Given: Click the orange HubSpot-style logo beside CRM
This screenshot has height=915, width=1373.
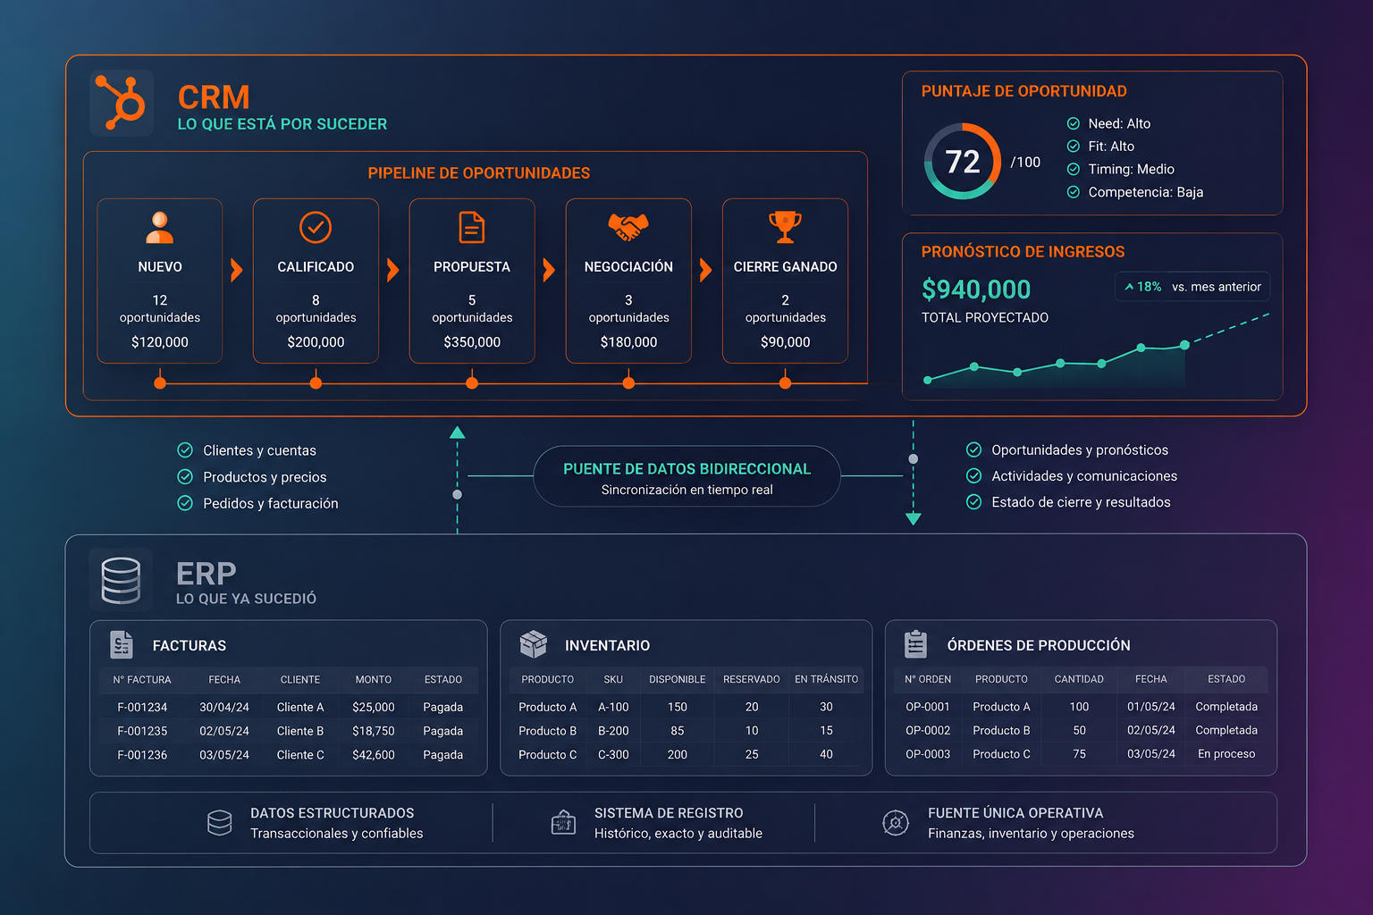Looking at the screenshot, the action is [121, 103].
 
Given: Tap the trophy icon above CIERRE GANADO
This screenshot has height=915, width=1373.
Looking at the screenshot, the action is [785, 227].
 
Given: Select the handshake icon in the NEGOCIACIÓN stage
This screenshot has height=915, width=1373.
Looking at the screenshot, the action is [628, 227].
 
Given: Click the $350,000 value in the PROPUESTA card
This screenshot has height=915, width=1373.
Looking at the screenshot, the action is [472, 342].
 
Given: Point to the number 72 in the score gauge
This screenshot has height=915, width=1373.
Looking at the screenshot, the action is [963, 162].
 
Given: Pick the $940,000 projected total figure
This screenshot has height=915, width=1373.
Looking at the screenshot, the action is [976, 290].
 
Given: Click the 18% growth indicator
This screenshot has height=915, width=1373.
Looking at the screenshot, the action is [1143, 287].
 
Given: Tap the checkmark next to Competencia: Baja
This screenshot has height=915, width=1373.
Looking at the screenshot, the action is [1074, 192].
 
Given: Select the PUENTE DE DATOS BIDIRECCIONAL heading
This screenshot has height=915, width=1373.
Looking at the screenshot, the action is [686, 469].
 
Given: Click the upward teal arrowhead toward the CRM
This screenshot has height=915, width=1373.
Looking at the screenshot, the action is [458, 432].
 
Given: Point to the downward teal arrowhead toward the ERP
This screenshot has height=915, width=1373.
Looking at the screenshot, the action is [914, 519].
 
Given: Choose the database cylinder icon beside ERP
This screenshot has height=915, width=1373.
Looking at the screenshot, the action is [121, 580].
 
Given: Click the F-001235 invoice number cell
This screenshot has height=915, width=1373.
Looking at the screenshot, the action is [142, 731].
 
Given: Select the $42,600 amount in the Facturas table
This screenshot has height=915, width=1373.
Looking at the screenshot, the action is [374, 754].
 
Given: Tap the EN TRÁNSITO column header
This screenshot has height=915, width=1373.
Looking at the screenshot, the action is [826, 679].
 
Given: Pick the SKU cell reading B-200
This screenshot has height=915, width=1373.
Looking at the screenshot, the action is [613, 731].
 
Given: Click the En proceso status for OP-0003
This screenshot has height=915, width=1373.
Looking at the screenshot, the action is [1226, 754].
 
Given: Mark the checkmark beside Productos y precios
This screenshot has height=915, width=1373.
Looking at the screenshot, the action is [185, 477].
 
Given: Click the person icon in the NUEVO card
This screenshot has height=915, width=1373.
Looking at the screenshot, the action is [159, 227].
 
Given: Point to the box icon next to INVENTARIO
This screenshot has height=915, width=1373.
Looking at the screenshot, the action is [534, 644].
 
